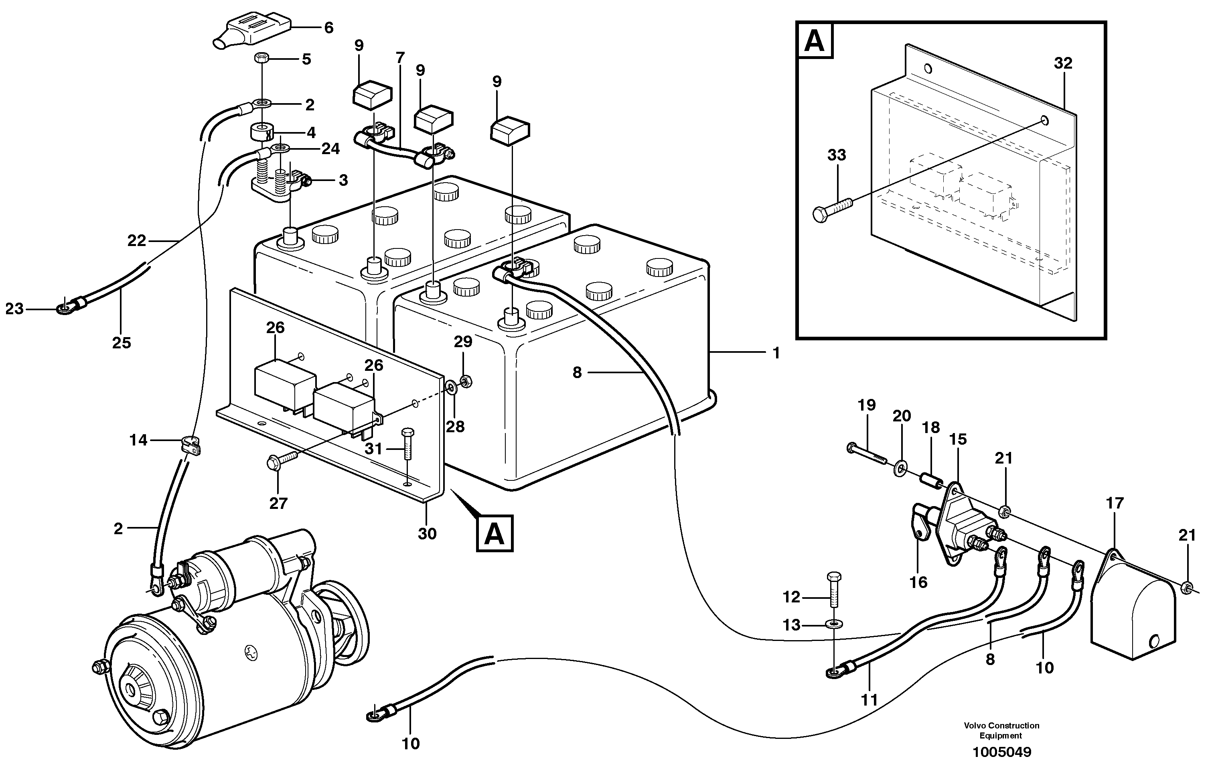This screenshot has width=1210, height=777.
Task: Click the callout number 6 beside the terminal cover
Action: pyautogui.click(x=329, y=28)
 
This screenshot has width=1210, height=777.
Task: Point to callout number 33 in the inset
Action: pyautogui.click(x=837, y=155)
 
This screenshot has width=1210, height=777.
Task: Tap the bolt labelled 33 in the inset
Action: pyautogui.click(x=832, y=208)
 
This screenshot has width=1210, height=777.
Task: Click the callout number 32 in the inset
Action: pyautogui.click(x=1063, y=63)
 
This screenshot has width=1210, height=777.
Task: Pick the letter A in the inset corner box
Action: pyautogui.click(x=815, y=41)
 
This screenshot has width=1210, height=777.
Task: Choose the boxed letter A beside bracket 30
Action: pyautogui.click(x=494, y=533)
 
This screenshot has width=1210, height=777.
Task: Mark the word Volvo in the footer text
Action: pyautogui.click(x=975, y=726)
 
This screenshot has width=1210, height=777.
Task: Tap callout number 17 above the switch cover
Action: pyautogui.click(x=1115, y=503)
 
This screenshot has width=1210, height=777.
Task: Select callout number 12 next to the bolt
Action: pyautogui.click(x=791, y=597)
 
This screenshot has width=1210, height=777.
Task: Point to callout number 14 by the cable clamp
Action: pyautogui.click(x=138, y=440)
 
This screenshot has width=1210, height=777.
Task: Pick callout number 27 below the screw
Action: pyautogui.click(x=278, y=503)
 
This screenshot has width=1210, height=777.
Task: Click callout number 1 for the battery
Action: pyautogui.click(x=776, y=353)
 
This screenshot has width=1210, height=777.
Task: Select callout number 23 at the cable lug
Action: pyautogui.click(x=14, y=309)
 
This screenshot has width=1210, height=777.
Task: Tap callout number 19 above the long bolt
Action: pyautogui.click(x=867, y=405)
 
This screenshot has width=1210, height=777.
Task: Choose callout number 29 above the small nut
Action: pyautogui.click(x=463, y=342)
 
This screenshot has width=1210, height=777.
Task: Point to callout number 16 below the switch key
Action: pyautogui.click(x=918, y=582)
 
